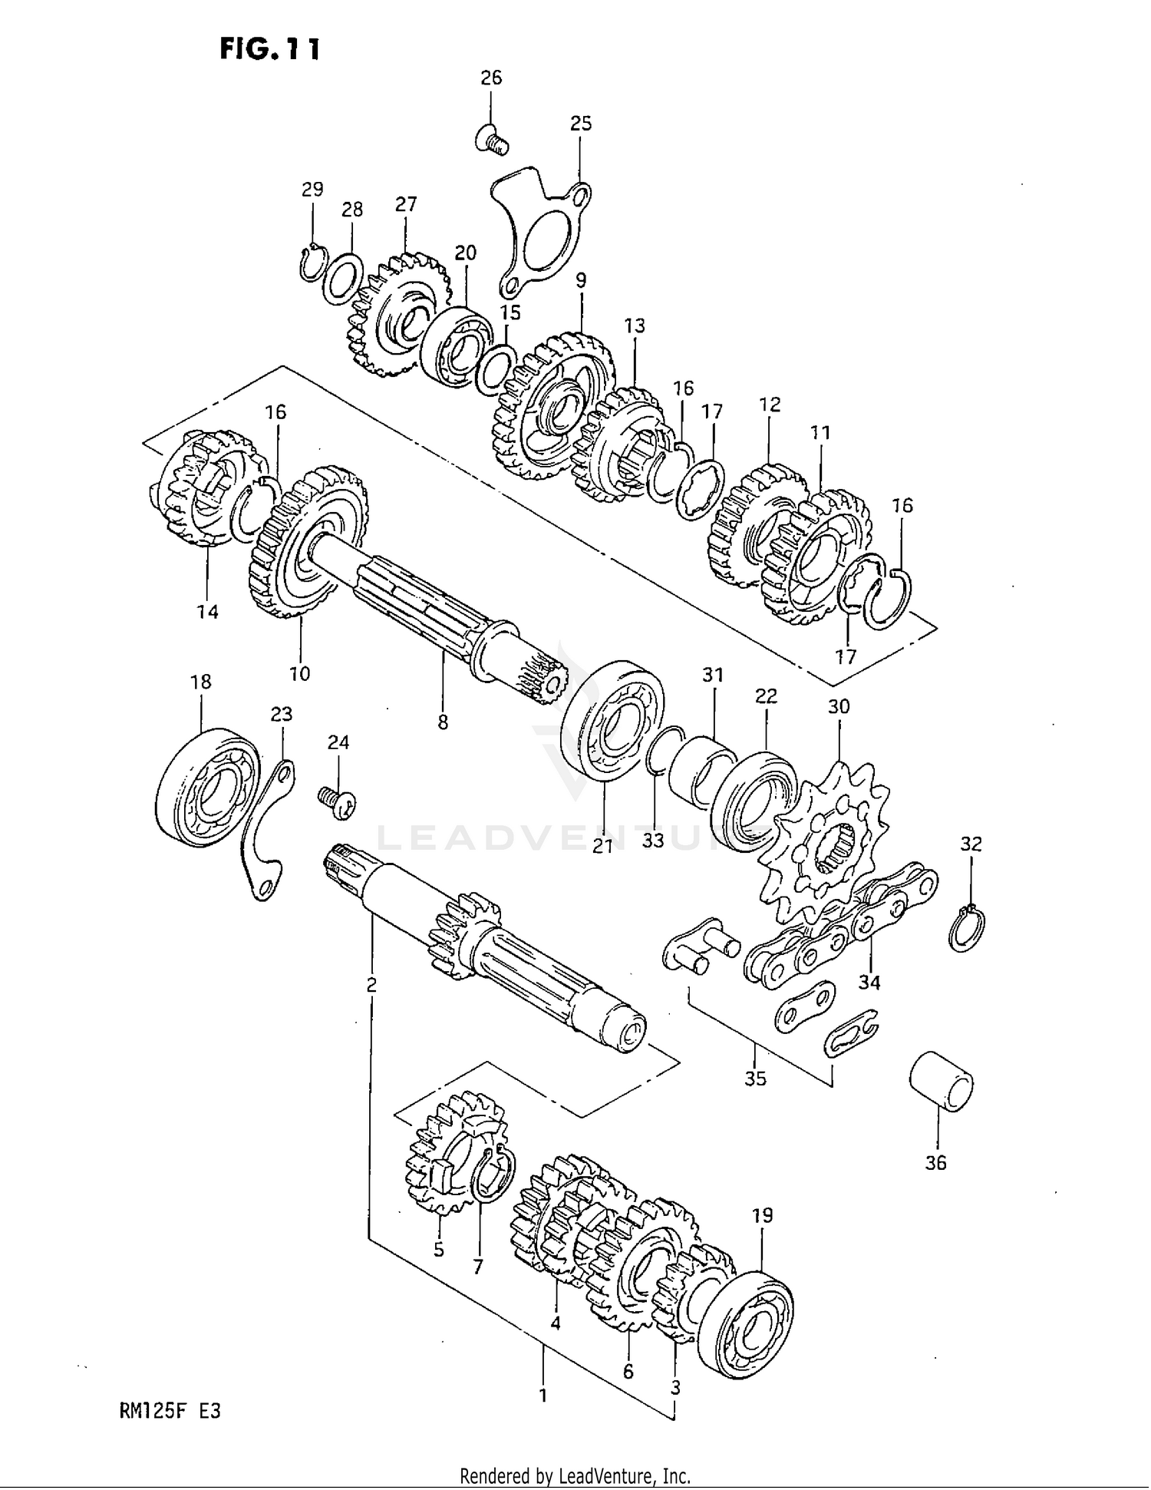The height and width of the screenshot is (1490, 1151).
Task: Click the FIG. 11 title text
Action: pos(269,48)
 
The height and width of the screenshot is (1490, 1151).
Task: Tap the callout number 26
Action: pos(491,78)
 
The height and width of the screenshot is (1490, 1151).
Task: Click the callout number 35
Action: pos(755,1079)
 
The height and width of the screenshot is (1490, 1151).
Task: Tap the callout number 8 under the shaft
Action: pos(443,722)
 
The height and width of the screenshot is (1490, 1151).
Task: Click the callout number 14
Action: pos(207,612)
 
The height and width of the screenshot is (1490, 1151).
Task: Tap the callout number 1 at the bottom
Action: pos(543,1395)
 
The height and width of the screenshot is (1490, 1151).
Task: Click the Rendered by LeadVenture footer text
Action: pos(575,1475)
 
